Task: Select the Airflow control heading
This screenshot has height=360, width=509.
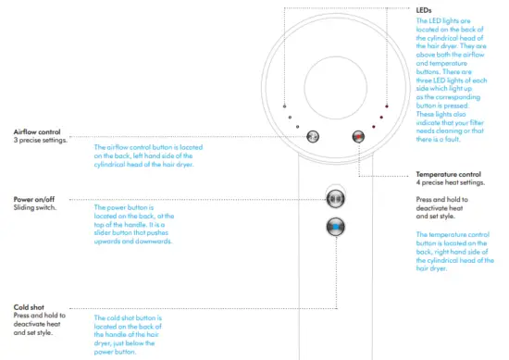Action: click(x=36, y=131)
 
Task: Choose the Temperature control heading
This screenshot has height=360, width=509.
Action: click(x=448, y=174)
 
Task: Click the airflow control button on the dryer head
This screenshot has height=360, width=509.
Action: click(x=313, y=136)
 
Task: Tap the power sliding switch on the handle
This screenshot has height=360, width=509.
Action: click(x=334, y=198)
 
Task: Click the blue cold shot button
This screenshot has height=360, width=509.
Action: click(x=334, y=228)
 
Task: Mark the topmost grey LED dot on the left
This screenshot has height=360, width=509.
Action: click(x=285, y=105)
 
